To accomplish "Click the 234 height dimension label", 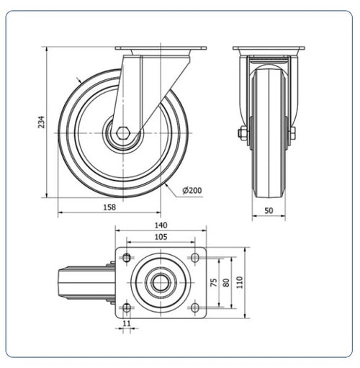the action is pyautogui.click(x=42, y=122).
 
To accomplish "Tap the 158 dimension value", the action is pyautogui.click(x=109, y=207).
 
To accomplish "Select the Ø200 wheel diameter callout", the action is pyautogui.click(x=192, y=190).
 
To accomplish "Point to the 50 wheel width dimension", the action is pyautogui.click(x=269, y=210).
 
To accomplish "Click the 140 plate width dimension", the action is pyautogui.click(x=161, y=225).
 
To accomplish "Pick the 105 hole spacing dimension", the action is pyautogui.click(x=161, y=237).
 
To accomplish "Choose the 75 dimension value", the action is pyautogui.click(x=214, y=282).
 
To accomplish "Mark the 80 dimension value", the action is pyautogui.click(x=226, y=282).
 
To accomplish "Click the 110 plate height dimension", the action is pyautogui.click(x=240, y=282).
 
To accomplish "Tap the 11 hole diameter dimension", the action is pyautogui.click(x=127, y=323).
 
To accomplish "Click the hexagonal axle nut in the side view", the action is pyautogui.click(x=123, y=133).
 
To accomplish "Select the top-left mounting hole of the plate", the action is pyautogui.click(x=127, y=258).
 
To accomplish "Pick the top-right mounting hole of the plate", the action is pyautogui.click(x=195, y=258).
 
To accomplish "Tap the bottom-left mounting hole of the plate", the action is pyautogui.click(x=127, y=308).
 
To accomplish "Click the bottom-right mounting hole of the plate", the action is pyautogui.click(x=195, y=308).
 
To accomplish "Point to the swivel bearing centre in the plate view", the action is pyautogui.click(x=161, y=282).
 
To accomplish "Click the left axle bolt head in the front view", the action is pyautogui.click(x=241, y=133).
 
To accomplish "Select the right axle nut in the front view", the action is pyautogui.click(x=293, y=133).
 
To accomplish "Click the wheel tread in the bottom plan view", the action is pyautogui.click(x=86, y=282).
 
